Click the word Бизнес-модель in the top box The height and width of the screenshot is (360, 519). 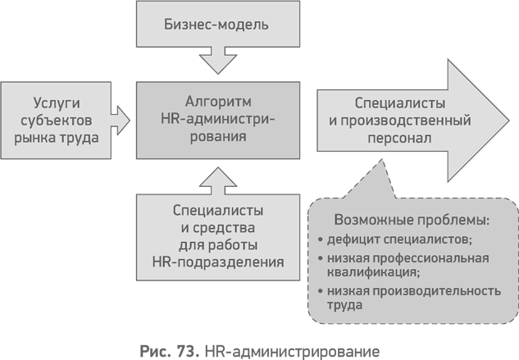coord(218,24)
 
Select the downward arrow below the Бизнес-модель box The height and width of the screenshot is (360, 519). coord(218,58)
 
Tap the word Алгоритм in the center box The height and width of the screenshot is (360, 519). coord(218,103)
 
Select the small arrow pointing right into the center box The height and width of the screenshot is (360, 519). coord(121,120)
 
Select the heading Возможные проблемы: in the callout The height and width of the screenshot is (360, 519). coord(412,221)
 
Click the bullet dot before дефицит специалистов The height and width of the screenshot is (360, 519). coord(320,240)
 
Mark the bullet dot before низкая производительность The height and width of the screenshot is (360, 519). coord(320,291)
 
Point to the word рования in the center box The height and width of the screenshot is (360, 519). coord(218,138)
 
